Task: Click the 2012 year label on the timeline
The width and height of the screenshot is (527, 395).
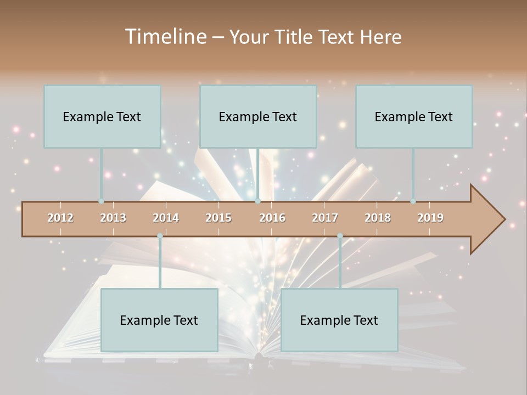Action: coord(60,218)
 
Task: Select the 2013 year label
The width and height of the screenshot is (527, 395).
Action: coord(113,218)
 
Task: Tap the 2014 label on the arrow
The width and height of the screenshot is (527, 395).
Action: coord(166,218)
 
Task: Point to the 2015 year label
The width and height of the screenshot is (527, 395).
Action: coord(218,218)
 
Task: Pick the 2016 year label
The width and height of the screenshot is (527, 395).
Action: coord(272,218)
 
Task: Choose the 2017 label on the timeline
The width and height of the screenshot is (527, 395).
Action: coord(325,218)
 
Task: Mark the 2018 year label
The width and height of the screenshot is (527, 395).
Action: coord(378,218)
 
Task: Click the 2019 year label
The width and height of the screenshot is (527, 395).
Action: coord(430,218)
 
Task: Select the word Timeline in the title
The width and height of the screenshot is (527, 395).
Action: coord(165,37)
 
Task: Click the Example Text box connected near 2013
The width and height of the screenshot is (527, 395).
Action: coord(102,116)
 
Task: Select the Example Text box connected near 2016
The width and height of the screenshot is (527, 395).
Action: coord(258,116)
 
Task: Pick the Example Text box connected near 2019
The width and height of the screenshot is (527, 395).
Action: coord(414,116)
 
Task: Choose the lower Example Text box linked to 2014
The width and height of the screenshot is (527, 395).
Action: coord(159,320)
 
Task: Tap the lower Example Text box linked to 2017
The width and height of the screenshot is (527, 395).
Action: coord(339,320)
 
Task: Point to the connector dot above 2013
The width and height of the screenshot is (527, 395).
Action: coord(101,201)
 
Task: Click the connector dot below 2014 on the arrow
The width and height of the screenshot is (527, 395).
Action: coord(160,236)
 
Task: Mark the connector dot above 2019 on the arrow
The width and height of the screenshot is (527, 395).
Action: coord(413,201)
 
